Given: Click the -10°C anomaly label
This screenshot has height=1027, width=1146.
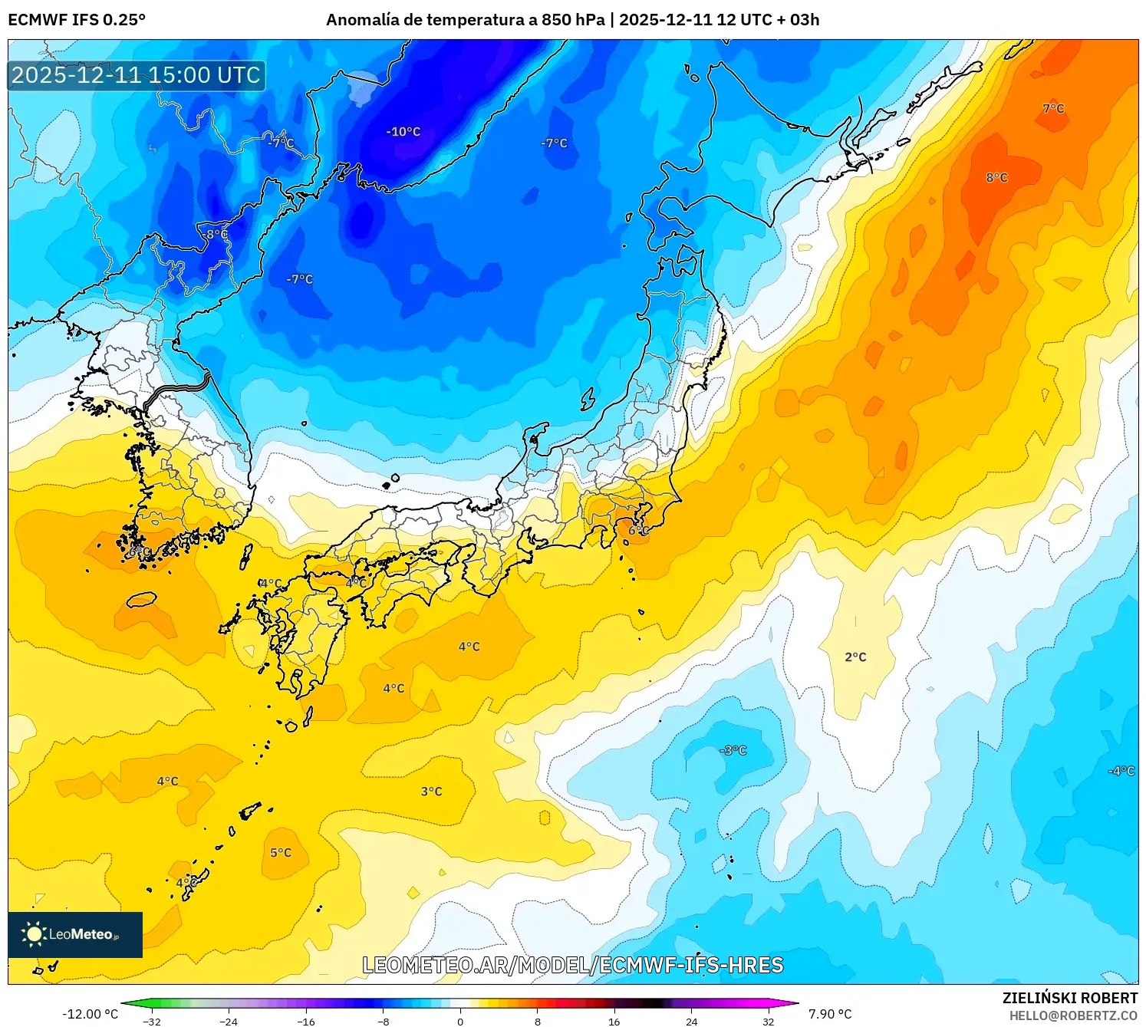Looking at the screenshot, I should [403, 132].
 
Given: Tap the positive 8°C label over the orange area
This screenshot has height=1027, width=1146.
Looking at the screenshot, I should [996, 178].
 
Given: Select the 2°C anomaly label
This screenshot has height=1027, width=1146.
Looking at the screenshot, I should [855, 657].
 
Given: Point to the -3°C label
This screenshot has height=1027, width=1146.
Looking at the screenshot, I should [733, 750].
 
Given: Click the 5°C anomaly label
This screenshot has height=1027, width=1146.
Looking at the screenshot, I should [281, 853].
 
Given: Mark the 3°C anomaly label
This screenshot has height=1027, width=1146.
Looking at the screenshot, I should [431, 792].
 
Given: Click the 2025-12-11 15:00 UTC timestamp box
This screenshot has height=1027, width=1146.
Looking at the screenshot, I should [137, 75].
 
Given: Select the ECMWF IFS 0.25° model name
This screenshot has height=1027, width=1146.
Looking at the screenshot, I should [77, 20].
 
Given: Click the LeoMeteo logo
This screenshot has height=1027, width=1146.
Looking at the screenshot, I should [75, 934].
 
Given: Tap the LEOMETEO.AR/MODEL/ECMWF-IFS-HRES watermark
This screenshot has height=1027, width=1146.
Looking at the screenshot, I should [572, 965].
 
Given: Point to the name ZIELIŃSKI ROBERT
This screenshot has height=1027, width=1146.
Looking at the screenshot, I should [1070, 998].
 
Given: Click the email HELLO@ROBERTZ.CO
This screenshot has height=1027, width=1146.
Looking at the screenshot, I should [1073, 1015].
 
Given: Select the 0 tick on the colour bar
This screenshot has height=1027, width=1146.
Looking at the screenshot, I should [460, 1021].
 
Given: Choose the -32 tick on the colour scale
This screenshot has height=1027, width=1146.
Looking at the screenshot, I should [152, 1021].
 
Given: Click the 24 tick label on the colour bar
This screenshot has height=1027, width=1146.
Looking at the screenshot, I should [691, 1021].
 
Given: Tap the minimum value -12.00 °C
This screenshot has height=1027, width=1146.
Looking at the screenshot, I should [91, 1014].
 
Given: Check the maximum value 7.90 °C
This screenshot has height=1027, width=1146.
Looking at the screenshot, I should [830, 1014].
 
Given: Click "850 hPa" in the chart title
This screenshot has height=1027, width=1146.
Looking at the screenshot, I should [573, 20].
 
